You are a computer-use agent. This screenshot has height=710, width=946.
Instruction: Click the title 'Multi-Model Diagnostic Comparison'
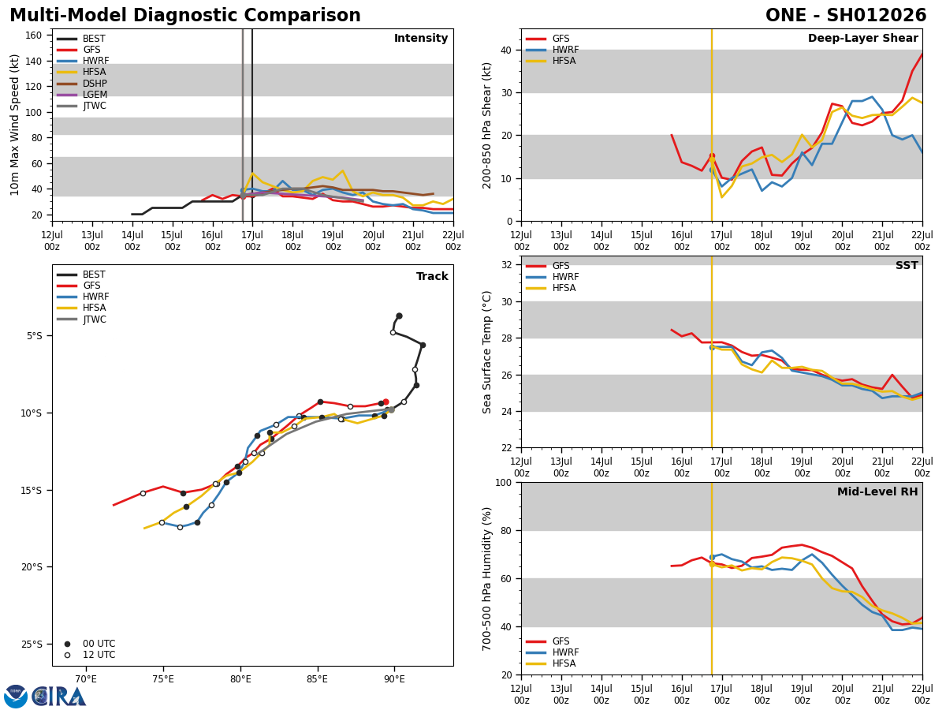point(185,16)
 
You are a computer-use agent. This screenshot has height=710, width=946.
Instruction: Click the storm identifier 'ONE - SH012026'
point(846,16)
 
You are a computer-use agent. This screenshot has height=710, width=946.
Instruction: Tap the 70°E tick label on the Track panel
point(86,679)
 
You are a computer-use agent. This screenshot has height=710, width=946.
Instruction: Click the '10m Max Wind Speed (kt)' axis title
point(15,125)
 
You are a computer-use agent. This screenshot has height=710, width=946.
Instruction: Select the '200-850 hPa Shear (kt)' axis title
point(488,125)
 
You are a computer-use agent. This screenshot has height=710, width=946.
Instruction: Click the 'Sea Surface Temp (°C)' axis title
point(488,352)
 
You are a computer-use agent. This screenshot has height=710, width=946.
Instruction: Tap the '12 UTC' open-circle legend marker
point(68,655)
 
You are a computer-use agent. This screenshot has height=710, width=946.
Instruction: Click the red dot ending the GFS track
point(385,402)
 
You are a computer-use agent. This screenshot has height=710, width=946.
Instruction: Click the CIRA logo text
point(60,697)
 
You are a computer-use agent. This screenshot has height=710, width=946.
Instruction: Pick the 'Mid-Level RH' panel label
point(877,492)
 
